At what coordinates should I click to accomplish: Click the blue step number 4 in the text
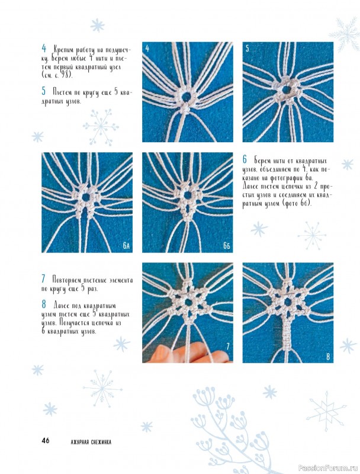[x=44, y=48]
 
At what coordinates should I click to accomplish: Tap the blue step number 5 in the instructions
[x=44, y=91]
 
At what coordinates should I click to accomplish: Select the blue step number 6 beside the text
[x=245, y=159]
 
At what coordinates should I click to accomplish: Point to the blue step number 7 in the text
[x=43, y=278]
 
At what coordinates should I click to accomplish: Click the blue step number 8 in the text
[x=44, y=305]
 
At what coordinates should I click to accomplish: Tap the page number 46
[x=46, y=440]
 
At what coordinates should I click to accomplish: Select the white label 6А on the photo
[x=126, y=246]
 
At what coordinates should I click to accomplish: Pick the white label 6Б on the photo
[x=227, y=246]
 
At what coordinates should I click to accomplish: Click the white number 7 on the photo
[x=228, y=347]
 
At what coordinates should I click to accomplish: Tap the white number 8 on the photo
[x=328, y=357]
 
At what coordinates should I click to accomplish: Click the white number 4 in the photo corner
[x=147, y=49]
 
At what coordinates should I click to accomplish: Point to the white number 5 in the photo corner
[x=247, y=49]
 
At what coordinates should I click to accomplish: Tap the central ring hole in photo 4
[x=187, y=97]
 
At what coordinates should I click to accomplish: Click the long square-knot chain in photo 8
[x=288, y=332]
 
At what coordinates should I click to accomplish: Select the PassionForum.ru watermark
[x=327, y=469]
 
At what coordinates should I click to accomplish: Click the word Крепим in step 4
[x=65, y=49]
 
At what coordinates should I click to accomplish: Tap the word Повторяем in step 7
[x=67, y=280]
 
